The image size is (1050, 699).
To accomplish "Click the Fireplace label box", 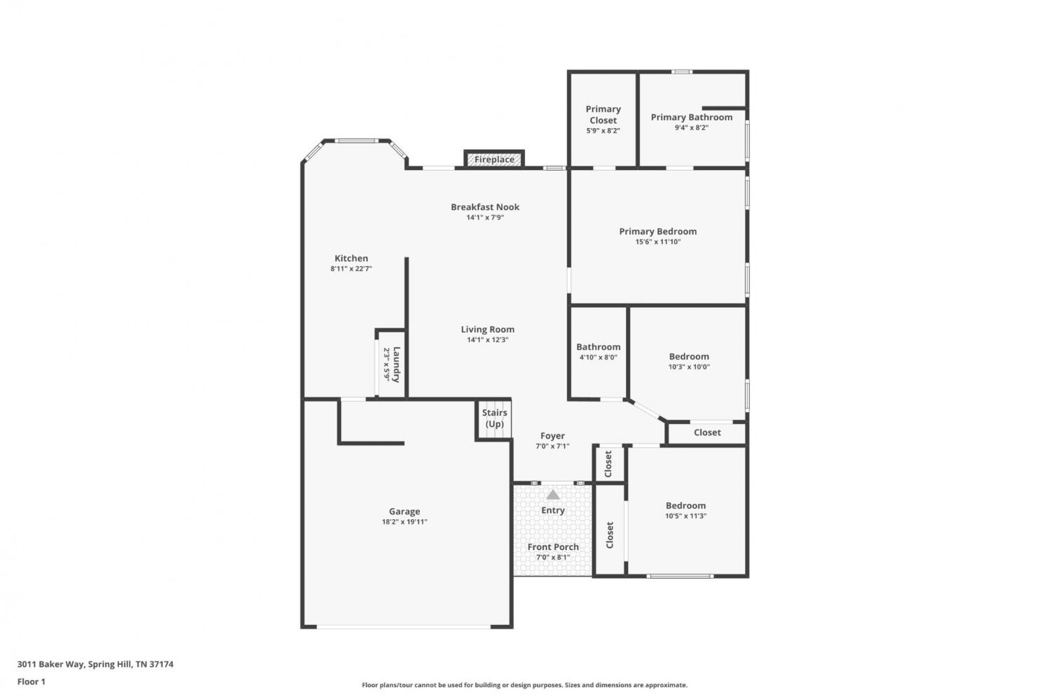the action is tap(494, 160).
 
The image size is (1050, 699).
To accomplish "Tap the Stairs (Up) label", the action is tap(494, 418).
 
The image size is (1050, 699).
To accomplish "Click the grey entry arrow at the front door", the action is tap(553, 495).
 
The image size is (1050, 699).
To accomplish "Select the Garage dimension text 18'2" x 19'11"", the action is tap(405, 522).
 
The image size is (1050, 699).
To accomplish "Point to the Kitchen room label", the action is tap(351, 258).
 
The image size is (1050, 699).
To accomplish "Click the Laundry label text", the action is tap(397, 365).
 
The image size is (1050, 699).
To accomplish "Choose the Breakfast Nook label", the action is tap(485, 206).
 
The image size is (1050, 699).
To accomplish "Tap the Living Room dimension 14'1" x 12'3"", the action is tap(487, 340).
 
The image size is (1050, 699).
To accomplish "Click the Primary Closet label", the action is tap(603, 114).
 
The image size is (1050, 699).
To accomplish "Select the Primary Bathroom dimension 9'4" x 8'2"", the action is tap(692, 127).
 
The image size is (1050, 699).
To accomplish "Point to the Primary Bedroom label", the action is tap(658, 232).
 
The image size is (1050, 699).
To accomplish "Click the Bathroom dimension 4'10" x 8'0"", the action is tap(598, 358).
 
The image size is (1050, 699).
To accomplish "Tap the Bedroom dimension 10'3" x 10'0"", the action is tap(689, 367).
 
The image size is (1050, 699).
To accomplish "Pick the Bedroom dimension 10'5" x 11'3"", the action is tap(686, 516).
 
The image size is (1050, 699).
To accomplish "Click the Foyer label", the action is tap(553, 436).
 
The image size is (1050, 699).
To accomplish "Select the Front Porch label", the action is tap(553, 546).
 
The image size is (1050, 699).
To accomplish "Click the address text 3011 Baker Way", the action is tap(50, 664).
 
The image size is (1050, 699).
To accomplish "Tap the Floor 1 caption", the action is tap(31, 682).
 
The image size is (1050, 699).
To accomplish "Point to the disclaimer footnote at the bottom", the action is tap(524, 685).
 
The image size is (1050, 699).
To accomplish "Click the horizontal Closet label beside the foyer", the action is tap(707, 432).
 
